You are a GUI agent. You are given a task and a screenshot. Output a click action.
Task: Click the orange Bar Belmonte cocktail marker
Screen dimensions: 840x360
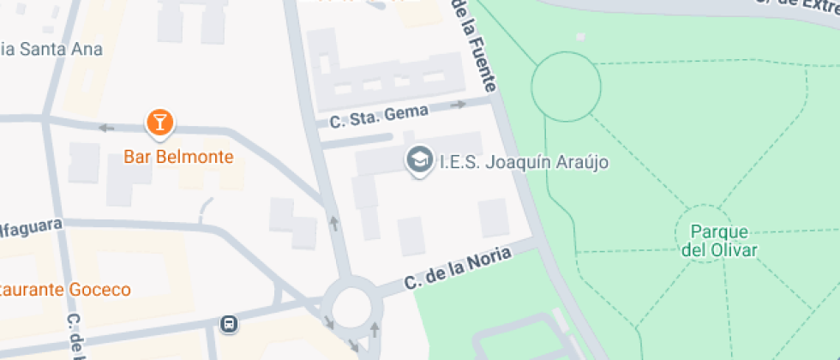point(159,123)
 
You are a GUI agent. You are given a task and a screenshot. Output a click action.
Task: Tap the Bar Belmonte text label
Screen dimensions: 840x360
point(179,157)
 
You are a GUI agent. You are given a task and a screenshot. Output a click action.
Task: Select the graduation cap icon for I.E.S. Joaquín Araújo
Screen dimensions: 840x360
point(419,160)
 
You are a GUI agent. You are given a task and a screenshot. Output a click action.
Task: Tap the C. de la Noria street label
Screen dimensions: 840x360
point(459,268)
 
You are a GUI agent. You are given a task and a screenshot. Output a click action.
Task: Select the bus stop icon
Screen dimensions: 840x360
point(229,324)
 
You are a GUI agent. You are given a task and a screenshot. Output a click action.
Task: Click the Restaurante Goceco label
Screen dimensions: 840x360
point(65,289)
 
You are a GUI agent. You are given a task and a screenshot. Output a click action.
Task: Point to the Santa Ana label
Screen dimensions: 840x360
point(51,49)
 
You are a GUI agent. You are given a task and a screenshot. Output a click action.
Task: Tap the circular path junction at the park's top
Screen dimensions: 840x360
point(566,86)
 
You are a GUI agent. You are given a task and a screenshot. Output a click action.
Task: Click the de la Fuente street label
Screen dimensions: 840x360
point(477,47)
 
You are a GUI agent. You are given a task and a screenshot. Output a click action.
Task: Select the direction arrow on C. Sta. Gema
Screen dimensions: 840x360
point(459,105)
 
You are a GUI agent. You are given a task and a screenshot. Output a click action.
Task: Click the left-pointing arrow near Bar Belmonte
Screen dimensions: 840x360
point(106,129)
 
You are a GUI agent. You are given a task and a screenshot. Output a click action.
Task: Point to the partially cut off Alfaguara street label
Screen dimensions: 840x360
point(31,225)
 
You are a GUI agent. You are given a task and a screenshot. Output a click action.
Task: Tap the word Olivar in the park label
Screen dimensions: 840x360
point(730,250)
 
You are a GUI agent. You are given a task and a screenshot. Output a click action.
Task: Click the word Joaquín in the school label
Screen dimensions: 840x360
point(515,161)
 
